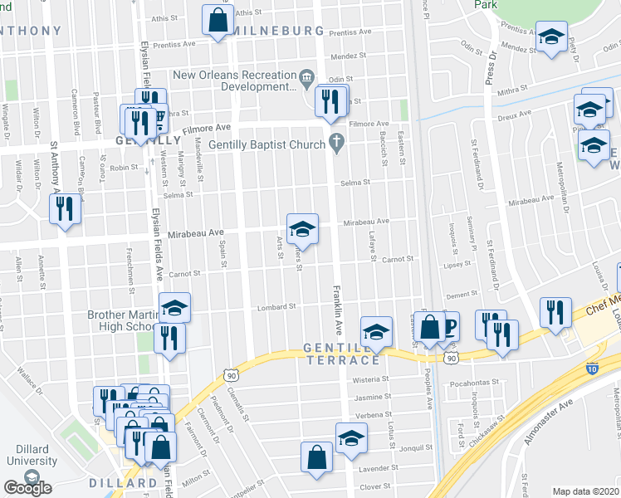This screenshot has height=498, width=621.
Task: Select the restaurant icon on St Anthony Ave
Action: pos(65,209)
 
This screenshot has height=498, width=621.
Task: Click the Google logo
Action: pos(27,488)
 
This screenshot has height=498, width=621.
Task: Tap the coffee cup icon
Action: pos(446,325)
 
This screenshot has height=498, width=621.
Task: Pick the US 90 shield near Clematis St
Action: pos(231,375)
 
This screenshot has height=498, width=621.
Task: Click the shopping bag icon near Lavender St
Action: pos(316,457)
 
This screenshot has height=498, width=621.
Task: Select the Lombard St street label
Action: pos(280,306)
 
